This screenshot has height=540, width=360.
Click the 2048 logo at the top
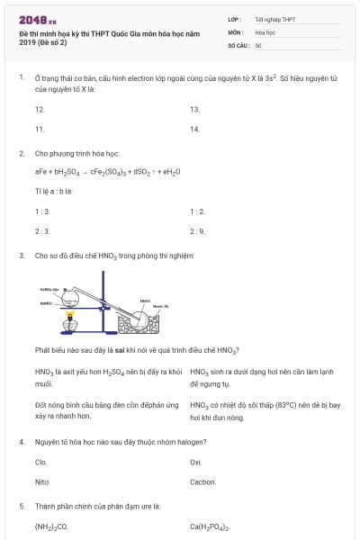(x=38, y=19)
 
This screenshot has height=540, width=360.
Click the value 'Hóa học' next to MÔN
(x=265, y=31)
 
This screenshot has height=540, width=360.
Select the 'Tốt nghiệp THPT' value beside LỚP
(x=274, y=18)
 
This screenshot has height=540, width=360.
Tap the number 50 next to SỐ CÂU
(x=258, y=45)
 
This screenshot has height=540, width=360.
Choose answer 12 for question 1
(x=40, y=109)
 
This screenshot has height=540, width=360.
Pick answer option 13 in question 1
(x=194, y=109)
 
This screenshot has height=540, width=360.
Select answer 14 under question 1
(x=194, y=129)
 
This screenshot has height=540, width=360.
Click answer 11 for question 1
(x=40, y=129)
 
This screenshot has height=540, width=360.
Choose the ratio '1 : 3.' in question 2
(x=42, y=211)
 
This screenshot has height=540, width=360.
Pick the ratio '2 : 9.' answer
(x=198, y=230)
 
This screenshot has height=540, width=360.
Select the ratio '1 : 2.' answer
(x=198, y=211)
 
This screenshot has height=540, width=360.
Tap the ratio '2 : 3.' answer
(x=42, y=230)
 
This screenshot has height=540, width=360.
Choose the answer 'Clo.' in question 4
(x=40, y=462)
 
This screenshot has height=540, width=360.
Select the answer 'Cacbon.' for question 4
(x=202, y=481)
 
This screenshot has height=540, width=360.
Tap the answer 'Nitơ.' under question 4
(x=41, y=481)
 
